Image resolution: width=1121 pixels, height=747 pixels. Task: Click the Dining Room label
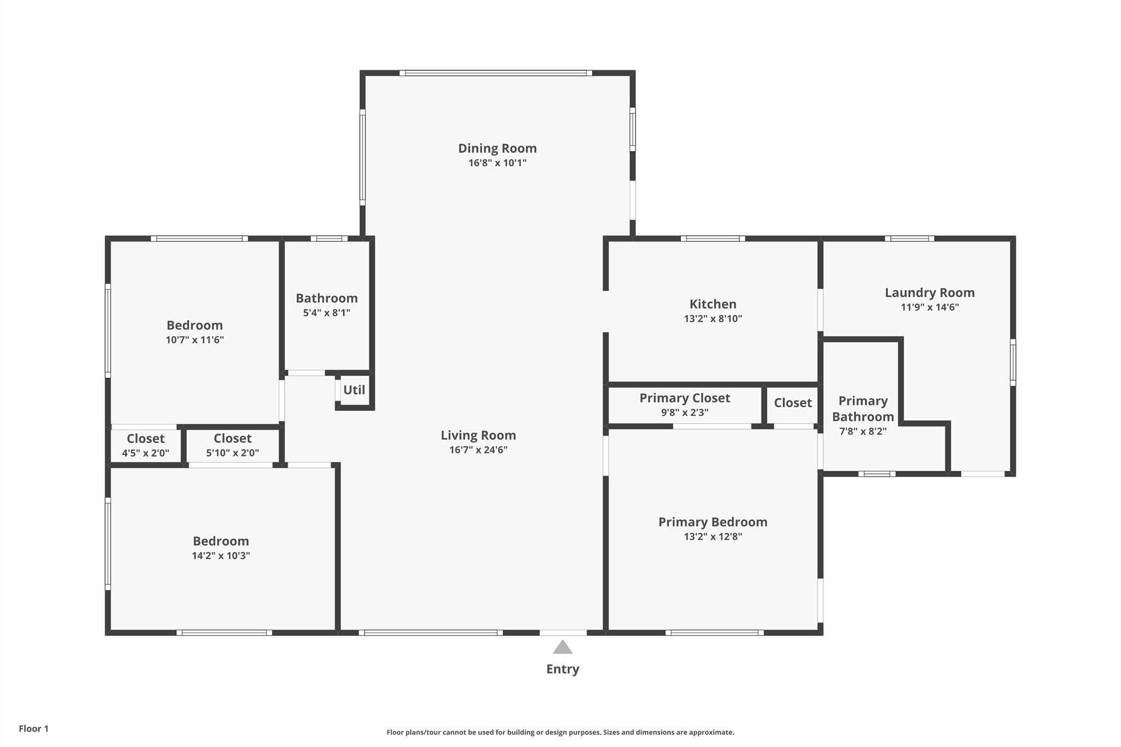point(497,148)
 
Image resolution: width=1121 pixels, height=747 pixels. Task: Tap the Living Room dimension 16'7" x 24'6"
point(478,450)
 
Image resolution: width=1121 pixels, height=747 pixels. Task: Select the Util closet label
point(354,390)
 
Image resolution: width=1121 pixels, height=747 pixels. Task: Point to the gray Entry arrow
point(562,647)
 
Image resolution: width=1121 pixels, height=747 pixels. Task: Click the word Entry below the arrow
point(563,669)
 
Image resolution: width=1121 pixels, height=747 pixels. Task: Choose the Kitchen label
point(713,304)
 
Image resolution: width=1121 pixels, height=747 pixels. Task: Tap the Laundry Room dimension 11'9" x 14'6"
point(930,308)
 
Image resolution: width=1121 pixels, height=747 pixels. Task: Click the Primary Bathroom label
point(863,409)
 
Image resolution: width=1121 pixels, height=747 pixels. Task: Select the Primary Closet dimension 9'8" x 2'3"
point(685,413)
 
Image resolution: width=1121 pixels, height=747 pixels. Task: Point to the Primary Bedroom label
point(713,522)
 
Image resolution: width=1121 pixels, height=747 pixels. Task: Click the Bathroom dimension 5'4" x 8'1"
point(327,313)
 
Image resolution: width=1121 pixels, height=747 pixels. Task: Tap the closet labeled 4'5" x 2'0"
point(146,453)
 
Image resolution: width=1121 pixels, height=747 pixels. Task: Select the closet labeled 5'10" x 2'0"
point(233,453)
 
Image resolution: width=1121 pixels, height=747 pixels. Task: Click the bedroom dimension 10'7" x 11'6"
point(195,340)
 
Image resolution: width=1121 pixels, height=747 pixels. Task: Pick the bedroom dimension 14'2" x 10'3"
point(221,555)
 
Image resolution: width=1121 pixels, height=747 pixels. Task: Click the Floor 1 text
point(34,728)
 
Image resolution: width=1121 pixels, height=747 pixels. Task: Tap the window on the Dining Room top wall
point(496,73)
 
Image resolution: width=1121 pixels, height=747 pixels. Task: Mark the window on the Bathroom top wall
point(329,239)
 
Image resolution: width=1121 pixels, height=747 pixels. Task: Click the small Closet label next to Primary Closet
point(793,403)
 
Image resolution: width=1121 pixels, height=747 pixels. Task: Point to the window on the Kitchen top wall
point(713,239)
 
